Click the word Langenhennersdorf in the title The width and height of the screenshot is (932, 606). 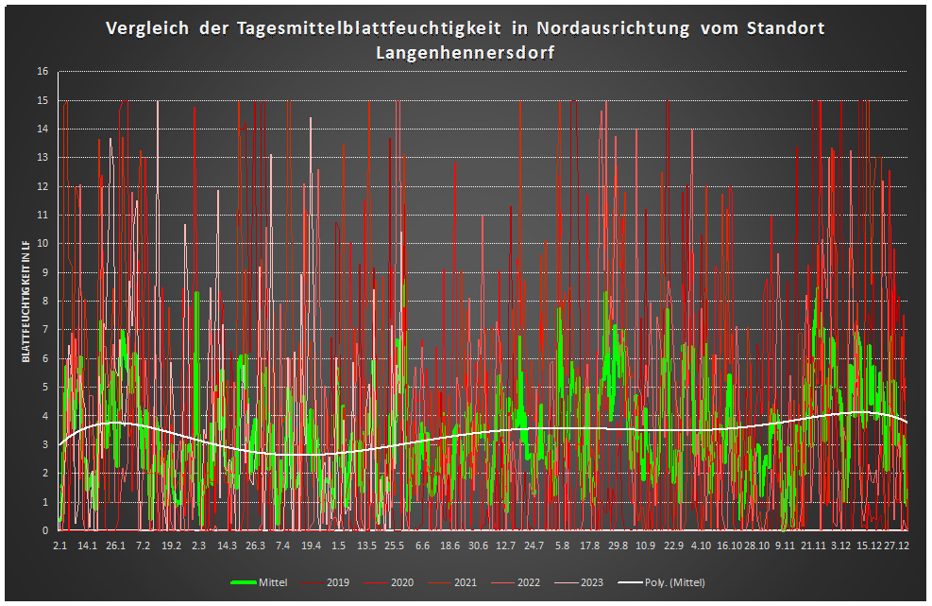pos(465,53)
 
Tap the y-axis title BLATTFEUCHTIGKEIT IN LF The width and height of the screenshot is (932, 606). pos(27,302)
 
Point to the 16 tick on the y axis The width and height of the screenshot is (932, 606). pos(42,72)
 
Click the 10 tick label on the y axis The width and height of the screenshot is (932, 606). pos(42,244)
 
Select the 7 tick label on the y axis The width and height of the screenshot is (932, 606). pos(44,330)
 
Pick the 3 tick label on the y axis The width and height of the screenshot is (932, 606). pos(44,444)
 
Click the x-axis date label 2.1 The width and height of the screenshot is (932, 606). pos(59,545)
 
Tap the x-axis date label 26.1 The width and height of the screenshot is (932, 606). pos(115,545)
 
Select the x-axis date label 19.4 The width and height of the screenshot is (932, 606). pos(311,545)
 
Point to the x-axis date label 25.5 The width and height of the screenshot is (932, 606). pos(395,545)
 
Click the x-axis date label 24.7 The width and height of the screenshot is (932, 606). pos(534,545)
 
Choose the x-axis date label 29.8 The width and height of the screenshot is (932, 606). pos(618,545)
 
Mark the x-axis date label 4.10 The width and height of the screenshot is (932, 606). pos(702,545)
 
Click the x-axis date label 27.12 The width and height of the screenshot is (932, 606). pos(896,545)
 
